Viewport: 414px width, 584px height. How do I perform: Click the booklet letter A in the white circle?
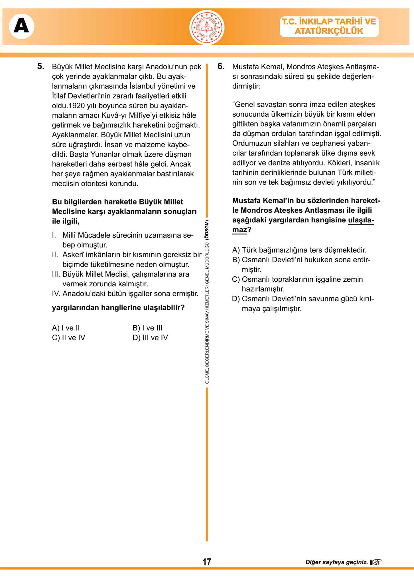pos(21,26)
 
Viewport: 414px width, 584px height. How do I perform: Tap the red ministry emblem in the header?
pos(207,27)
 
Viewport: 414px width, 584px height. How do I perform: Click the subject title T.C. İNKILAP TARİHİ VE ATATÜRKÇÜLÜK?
pos(329,26)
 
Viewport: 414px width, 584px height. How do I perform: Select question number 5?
pos(41,66)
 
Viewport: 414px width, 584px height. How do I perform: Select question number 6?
pos(221,66)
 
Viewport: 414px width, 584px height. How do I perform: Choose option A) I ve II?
pos(66,328)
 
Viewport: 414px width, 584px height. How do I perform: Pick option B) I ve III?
pos(147,328)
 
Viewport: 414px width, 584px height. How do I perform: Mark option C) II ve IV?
pos(68,338)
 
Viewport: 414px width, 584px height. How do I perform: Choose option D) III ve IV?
pos(150,338)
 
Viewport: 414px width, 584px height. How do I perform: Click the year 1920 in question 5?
pos(77,106)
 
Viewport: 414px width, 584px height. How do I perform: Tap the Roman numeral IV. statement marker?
pos(56,294)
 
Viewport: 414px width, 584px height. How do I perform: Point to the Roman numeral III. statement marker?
pos(56,274)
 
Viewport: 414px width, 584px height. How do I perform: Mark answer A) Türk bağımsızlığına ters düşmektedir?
pos(299,250)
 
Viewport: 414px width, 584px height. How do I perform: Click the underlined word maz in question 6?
pos(240,230)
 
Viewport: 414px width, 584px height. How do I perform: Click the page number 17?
pos(207,562)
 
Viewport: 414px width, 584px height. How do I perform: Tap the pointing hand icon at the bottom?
pos(376,562)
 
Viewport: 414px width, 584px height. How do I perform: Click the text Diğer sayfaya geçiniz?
pos(336,562)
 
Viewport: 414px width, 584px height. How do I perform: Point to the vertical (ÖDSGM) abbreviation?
pos(207,230)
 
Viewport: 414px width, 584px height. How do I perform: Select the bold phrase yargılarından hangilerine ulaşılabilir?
pos(118,308)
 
